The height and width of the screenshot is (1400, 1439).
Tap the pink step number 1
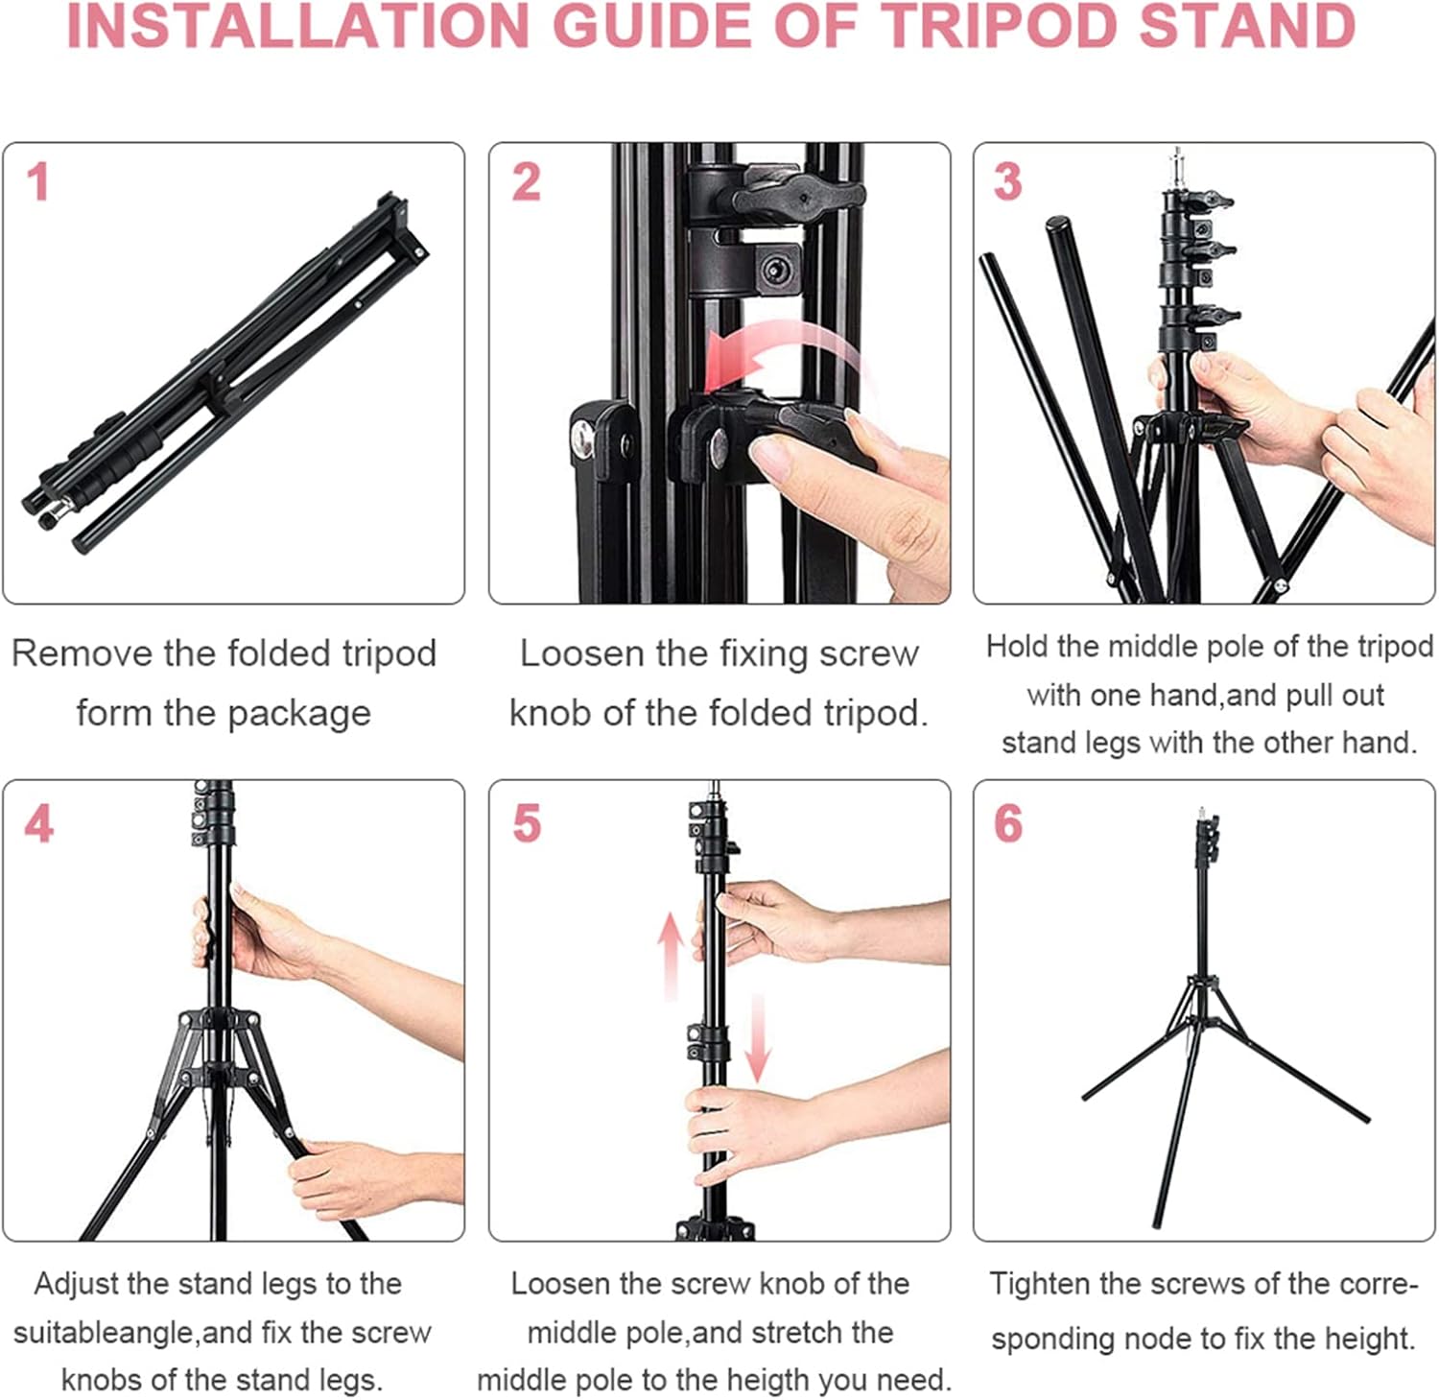point(38,182)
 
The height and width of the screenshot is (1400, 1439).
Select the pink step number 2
point(526,182)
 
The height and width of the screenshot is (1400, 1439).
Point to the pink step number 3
point(1007,182)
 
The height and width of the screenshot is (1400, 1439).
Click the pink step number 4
point(38,823)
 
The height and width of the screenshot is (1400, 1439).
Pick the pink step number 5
point(527,823)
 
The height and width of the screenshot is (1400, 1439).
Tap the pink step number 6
point(1008,823)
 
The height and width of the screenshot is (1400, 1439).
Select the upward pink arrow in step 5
point(671,956)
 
